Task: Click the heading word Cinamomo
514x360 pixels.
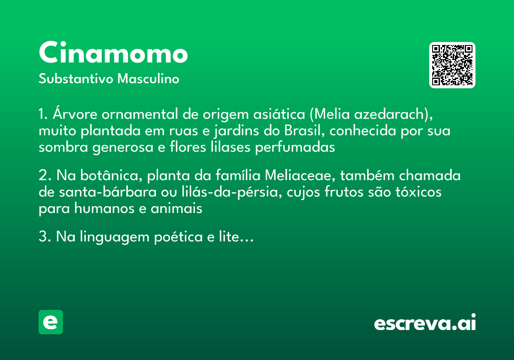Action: click(113, 54)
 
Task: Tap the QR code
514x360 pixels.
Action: click(452, 65)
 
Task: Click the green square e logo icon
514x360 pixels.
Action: click(51, 322)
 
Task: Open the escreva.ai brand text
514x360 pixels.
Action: click(425, 323)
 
